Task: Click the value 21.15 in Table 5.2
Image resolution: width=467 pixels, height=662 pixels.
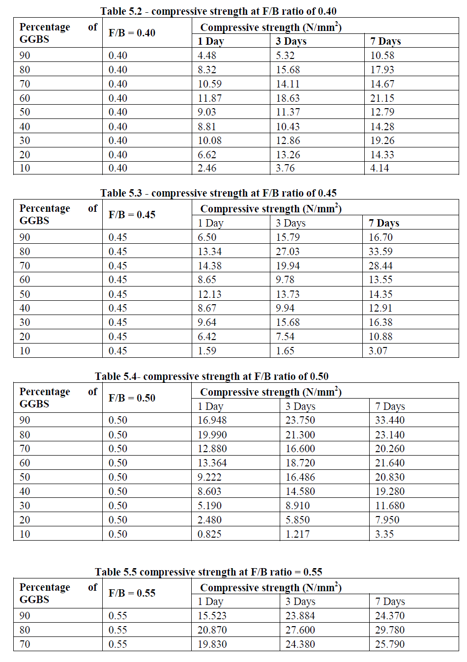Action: point(382,98)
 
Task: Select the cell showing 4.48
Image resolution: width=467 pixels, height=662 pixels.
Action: point(206,56)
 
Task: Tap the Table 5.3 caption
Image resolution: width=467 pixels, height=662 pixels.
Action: point(218,193)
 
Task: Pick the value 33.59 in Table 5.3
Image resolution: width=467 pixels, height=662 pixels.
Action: point(380,252)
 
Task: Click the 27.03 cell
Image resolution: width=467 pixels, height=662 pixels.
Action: point(288,252)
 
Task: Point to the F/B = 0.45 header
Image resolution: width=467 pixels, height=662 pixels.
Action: point(132,215)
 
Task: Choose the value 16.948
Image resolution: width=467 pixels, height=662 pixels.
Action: point(212,420)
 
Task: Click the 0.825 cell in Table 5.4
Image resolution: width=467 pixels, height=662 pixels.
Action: point(209,534)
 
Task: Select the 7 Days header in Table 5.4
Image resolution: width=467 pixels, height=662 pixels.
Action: point(390,406)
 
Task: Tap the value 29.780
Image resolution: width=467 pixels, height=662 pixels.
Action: point(390,630)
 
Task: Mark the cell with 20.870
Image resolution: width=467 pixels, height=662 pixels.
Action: point(212,630)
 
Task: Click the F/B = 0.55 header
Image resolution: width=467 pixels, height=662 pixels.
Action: point(132,593)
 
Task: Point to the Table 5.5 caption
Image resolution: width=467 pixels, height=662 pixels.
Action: point(208,572)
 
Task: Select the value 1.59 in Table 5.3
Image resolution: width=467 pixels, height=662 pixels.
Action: point(206,351)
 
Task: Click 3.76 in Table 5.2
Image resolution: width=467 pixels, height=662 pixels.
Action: point(285,168)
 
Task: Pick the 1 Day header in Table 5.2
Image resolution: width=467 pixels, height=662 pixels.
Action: point(210,41)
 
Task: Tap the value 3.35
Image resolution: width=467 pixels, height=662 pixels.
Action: point(384,534)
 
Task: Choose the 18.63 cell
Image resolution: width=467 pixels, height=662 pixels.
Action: point(288,98)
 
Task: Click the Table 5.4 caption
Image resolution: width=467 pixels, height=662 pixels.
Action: point(211,376)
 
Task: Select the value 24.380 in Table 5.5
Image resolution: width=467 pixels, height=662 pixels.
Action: point(300,644)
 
